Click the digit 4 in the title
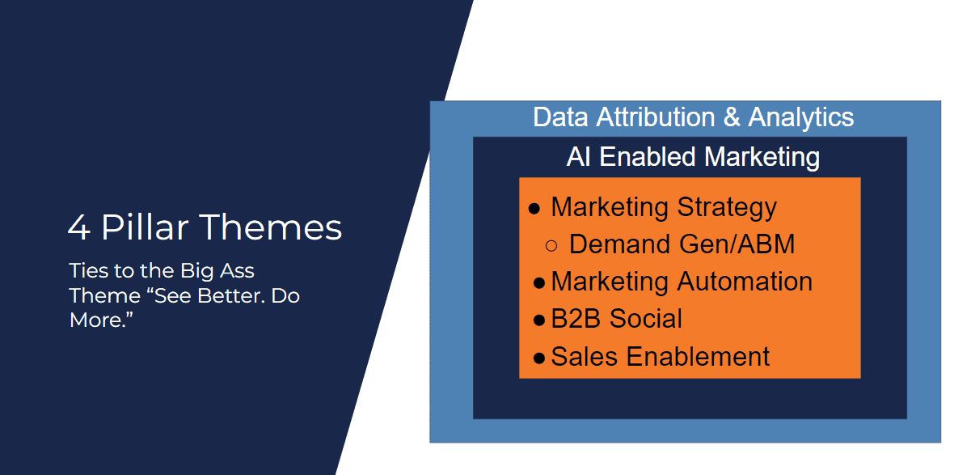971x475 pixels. click(x=79, y=227)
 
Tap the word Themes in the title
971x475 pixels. click(x=271, y=227)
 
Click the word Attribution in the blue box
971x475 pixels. click(x=656, y=117)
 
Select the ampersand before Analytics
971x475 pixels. click(x=732, y=117)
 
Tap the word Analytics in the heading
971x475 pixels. click(x=801, y=117)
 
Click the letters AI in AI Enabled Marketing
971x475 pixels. click(x=579, y=157)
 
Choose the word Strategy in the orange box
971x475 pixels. click(x=727, y=207)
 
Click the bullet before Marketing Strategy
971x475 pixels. click(x=534, y=209)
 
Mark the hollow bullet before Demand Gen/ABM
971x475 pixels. click(x=551, y=246)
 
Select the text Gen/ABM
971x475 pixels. click(x=737, y=244)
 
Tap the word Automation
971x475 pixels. click(x=745, y=282)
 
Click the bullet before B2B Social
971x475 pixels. click(x=538, y=320)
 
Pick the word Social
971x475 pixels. click(x=646, y=319)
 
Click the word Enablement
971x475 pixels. click(x=698, y=357)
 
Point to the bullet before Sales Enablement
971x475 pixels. click(x=538, y=358)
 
